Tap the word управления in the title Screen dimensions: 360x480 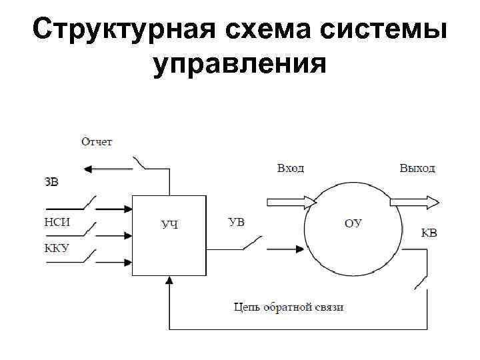[x=239, y=65]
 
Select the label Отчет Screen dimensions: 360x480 [x=97, y=141]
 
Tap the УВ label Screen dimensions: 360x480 [x=236, y=221]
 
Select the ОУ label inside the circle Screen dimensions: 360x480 [x=353, y=223]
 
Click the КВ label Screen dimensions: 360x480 [x=429, y=233]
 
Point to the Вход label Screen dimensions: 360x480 [x=290, y=169]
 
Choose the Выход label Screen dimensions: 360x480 [x=417, y=169]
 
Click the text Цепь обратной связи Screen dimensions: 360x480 [x=289, y=307]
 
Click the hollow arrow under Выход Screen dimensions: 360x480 [x=414, y=201]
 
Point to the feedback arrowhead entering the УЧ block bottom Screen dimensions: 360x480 [x=169, y=281]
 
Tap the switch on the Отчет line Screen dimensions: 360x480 [x=141, y=163]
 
